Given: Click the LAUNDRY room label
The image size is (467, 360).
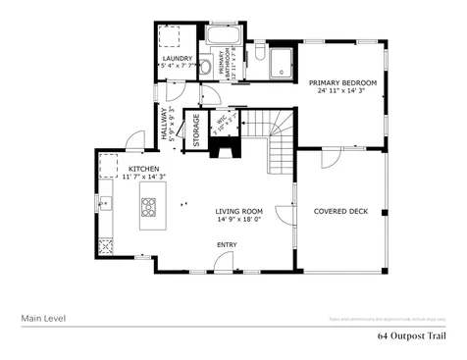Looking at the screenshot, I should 177,59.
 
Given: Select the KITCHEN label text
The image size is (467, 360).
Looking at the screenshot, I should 143,170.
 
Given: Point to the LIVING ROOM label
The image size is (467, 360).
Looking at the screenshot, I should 238,211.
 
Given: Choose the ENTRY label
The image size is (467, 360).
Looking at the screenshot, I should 226,245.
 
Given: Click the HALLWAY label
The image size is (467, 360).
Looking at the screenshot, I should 165,124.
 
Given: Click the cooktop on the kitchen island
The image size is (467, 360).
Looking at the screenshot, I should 150,207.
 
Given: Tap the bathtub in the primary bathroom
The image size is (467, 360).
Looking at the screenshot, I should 220,42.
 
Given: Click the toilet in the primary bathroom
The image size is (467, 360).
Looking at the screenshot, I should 256,58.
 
